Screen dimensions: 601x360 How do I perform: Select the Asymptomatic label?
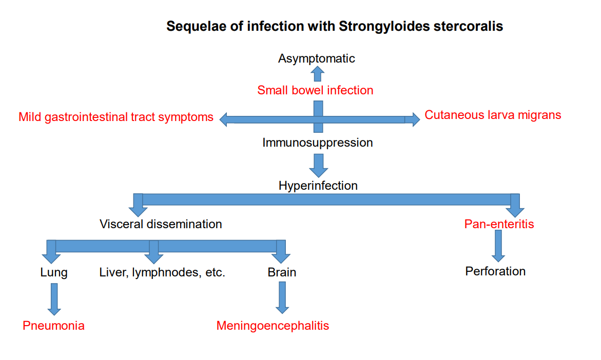(x=317, y=58)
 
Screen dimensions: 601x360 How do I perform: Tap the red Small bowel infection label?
(x=315, y=90)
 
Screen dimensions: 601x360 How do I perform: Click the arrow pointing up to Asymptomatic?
(x=317, y=73)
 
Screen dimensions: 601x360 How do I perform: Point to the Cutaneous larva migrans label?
(x=493, y=115)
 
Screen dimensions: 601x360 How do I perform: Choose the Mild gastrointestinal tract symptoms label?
(x=116, y=117)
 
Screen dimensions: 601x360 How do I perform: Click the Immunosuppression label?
(x=317, y=143)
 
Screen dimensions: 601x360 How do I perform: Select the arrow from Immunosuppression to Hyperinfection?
(x=319, y=166)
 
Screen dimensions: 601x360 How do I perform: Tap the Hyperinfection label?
(x=318, y=186)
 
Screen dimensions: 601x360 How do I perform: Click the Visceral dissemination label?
(x=161, y=224)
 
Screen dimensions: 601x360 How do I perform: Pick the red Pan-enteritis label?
(x=499, y=224)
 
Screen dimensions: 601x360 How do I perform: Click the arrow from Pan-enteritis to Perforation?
(x=498, y=246)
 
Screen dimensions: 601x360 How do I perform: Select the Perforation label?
(x=495, y=271)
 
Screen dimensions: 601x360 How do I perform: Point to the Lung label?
(x=54, y=272)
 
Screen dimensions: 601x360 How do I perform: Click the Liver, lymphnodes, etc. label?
(x=162, y=272)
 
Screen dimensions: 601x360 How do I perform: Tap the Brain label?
(x=282, y=272)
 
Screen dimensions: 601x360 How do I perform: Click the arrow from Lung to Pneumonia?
(x=54, y=299)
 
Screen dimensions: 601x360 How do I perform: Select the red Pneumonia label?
(x=54, y=326)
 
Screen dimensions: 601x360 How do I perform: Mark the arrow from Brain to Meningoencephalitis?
(x=282, y=298)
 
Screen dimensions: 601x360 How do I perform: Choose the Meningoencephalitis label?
(x=273, y=326)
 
